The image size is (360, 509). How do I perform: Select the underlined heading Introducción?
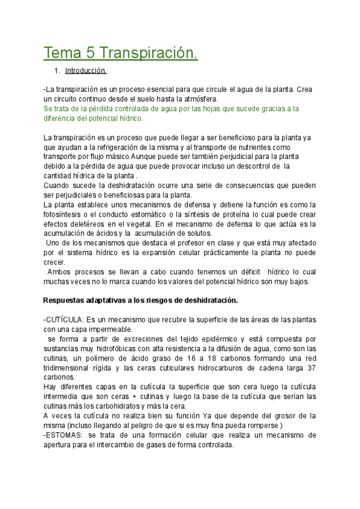(x=86, y=71)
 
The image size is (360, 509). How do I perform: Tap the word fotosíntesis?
(x=64, y=214)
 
